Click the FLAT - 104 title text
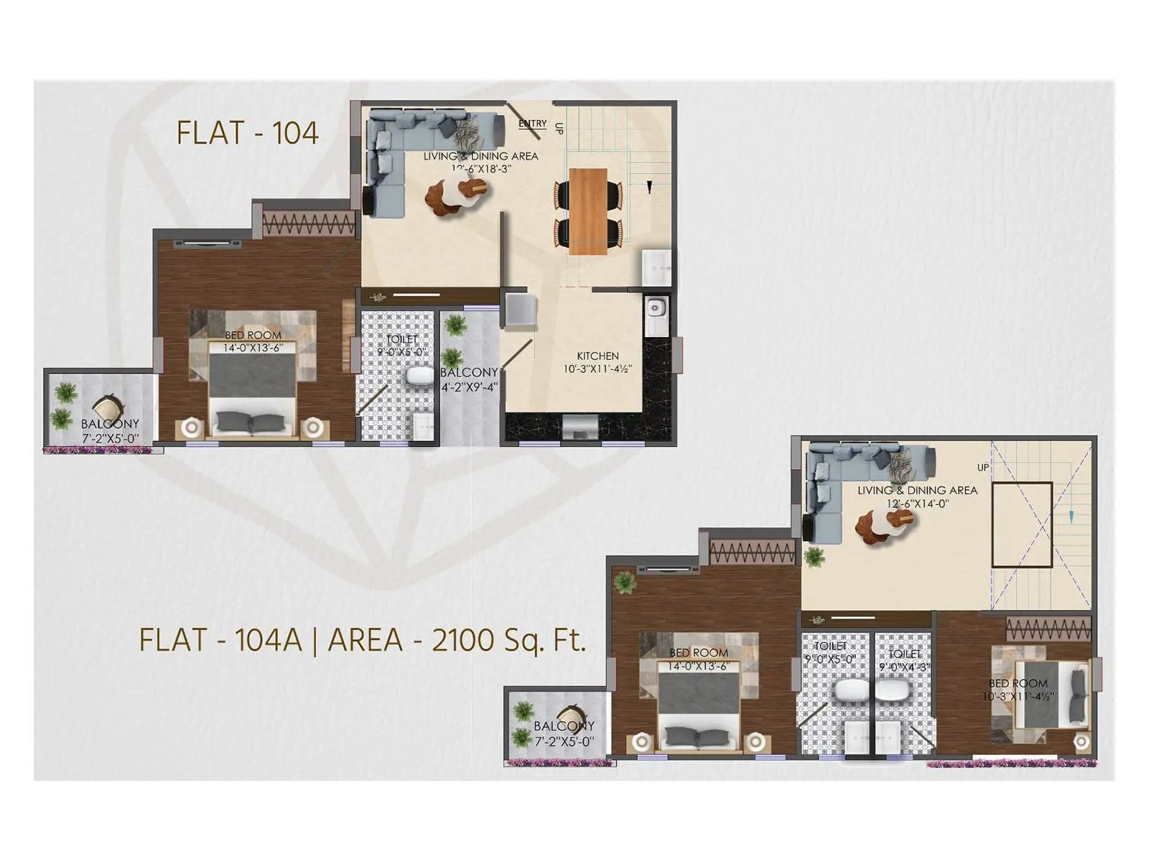pos(247,133)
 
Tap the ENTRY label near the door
pos(532,124)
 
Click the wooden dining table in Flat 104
pos(587,211)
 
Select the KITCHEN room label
pos(597,356)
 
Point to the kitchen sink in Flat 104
pos(655,309)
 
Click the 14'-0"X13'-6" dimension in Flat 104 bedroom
pos(253,348)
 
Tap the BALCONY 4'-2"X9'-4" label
pos(469,379)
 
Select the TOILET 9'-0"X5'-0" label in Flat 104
pos(401,346)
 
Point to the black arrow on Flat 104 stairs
pos(649,187)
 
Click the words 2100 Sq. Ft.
pos(508,639)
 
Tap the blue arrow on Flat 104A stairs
pos(1071,516)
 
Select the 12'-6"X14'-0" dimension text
pos(917,504)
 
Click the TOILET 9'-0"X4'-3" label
pos(903,660)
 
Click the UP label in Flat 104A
pos(982,468)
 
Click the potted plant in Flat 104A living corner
pos(814,555)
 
